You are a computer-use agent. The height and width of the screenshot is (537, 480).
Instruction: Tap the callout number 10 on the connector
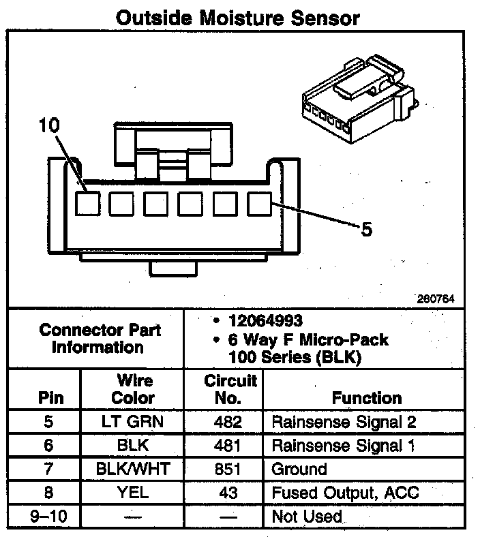click(x=49, y=125)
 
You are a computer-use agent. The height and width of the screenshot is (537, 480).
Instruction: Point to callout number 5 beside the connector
click(x=366, y=230)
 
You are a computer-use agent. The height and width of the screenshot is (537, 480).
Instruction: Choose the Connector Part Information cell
click(x=100, y=339)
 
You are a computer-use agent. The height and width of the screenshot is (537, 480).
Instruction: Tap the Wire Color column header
click(x=133, y=389)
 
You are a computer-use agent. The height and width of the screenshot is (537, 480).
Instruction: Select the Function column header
click(x=366, y=397)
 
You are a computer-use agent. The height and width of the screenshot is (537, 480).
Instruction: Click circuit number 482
click(x=228, y=422)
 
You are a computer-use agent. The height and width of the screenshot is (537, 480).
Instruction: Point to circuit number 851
click(x=228, y=469)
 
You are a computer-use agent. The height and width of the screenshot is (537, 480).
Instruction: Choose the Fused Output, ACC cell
click(x=345, y=493)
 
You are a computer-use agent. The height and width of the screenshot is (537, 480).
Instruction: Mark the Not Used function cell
click(x=307, y=517)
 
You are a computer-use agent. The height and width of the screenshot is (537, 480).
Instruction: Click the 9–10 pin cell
click(x=47, y=517)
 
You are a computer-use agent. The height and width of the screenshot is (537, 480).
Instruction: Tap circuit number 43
click(x=228, y=493)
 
